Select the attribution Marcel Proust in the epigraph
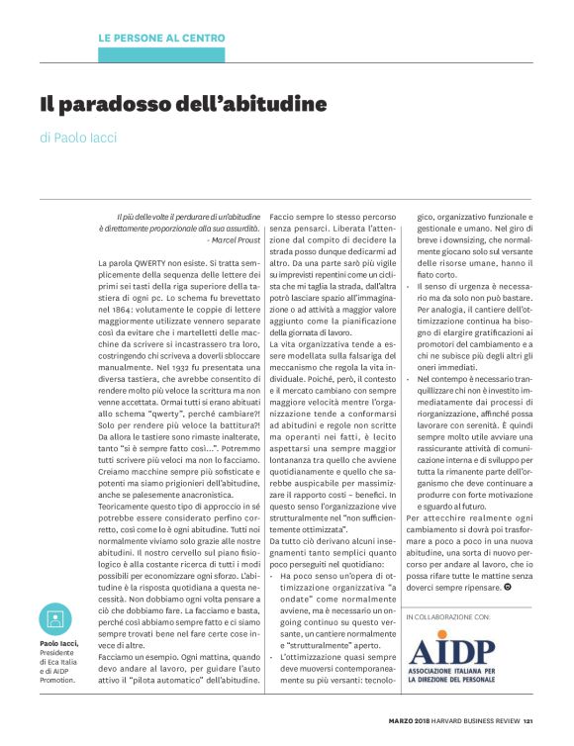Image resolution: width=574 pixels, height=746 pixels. [x=234, y=239]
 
